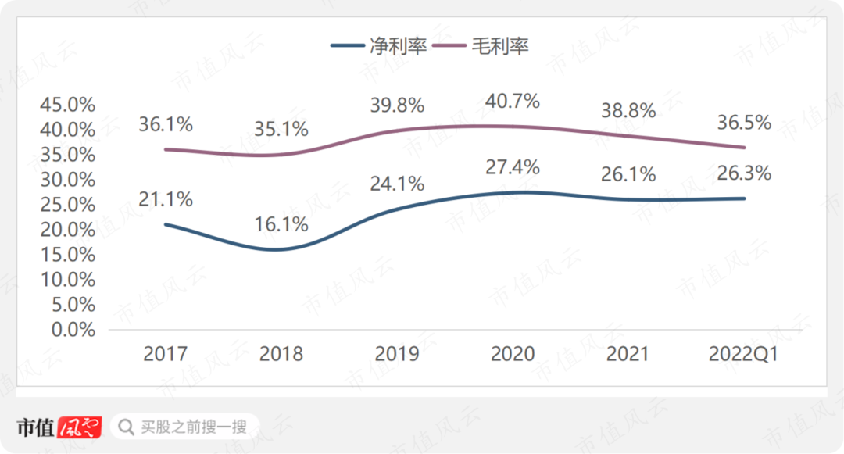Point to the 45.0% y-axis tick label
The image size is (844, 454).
[x=67, y=104]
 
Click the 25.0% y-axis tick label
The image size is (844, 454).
[x=67, y=205]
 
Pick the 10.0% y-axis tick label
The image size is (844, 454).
[x=67, y=280]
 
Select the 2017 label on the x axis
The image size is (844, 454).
[x=166, y=354]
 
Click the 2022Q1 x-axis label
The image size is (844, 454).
[x=743, y=354]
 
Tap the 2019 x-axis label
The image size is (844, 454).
[x=397, y=354]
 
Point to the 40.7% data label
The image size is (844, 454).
[x=513, y=101]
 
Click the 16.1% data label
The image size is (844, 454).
[x=281, y=224]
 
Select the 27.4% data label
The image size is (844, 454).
[x=513, y=166]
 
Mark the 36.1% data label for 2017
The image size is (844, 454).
[x=166, y=124]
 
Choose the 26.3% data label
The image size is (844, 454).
[x=743, y=173]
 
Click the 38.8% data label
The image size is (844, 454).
[x=628, y=111]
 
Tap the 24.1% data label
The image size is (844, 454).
[x=397, y=184]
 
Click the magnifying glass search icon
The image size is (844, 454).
[x=125, y=427]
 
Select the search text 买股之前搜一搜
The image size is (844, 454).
[x=194, y=427]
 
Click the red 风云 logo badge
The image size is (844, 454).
[x=83, y=427]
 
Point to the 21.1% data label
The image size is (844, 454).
[x=166, y=199]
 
